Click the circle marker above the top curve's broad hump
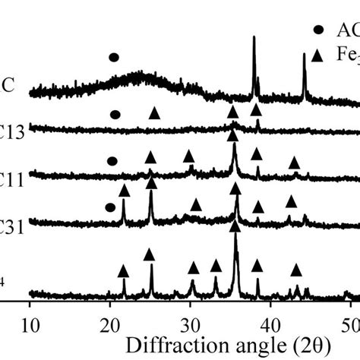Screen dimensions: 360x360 click(x=114, y=57)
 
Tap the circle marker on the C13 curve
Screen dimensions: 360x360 click(x=115, y=115)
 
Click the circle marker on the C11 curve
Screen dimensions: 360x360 click(x=112, y=161)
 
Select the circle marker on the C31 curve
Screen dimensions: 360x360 click(x=110, y=207)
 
